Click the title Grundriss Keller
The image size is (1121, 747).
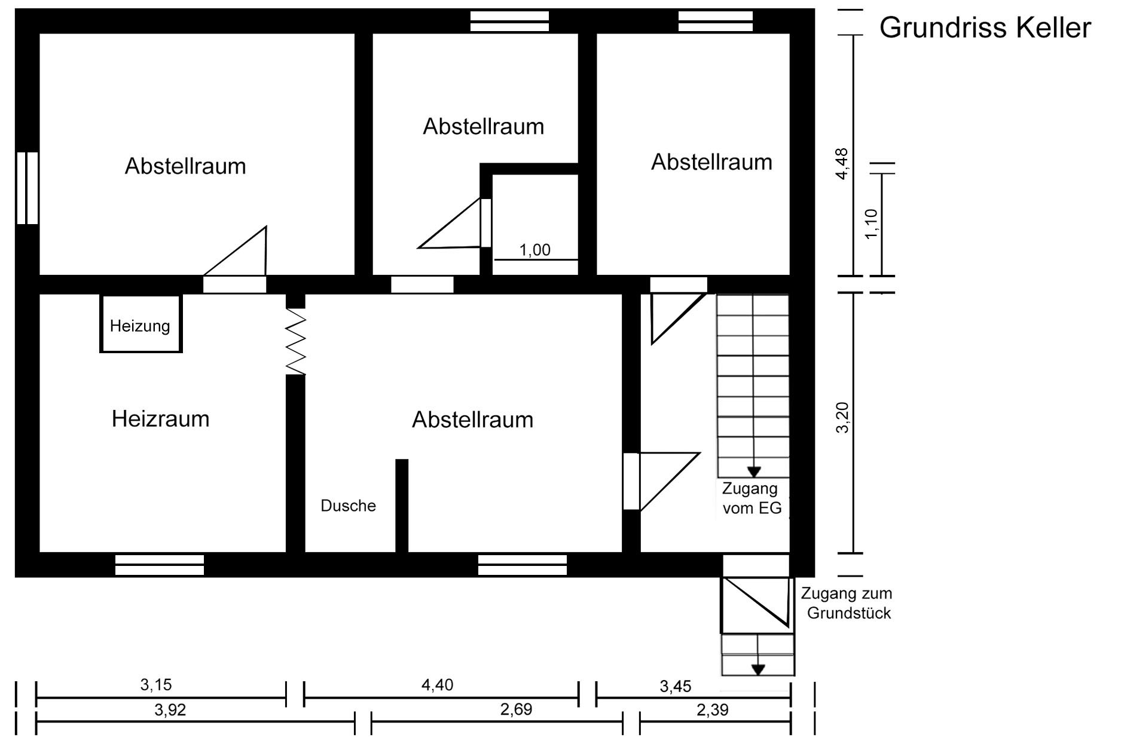click(x=985, y=28)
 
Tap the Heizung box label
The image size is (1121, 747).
click(x=140, y=326)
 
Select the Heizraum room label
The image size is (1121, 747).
click(x=161, y=419)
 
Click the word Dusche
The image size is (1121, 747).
click(x=348, y=506)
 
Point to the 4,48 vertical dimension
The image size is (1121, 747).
click(x=842, y=163)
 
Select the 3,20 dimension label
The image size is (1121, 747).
click(x=842, y=418)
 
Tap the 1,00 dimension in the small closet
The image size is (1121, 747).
click(x=534, y=250)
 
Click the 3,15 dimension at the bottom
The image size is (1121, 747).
click(x=156, y=684)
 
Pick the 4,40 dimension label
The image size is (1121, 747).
click(x=437, y=684)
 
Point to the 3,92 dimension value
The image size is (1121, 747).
click(x=170, y=710)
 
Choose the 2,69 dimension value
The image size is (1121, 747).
click(x=516, y=709)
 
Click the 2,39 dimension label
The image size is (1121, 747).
click(x=713, y=710)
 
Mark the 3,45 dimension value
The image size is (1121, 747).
click(x=676, y=686)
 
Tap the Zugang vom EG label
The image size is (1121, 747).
click(x=752, y=498)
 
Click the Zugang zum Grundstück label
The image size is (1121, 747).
click(x=847, y=604)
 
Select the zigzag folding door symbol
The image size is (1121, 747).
click(x=296, y=342)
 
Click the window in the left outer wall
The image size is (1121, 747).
click(x=27, y=188)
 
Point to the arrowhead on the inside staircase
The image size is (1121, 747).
click(x=754, y=472)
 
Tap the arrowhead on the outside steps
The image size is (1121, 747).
click(x=758, y=670)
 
